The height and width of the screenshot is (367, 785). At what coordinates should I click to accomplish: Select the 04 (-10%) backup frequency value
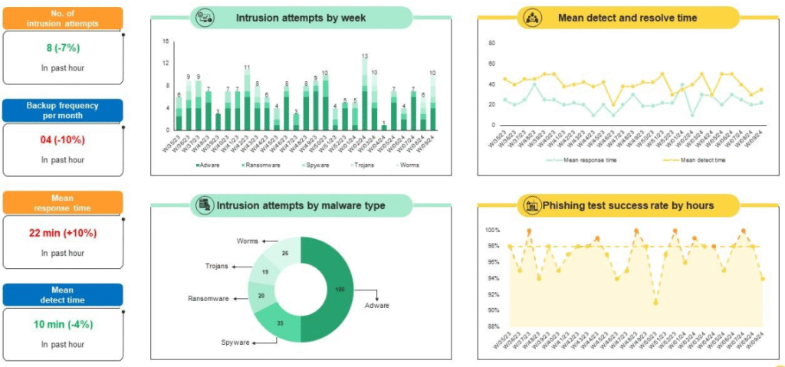(63, 140)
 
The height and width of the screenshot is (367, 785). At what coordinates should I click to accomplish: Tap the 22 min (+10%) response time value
(63, 233)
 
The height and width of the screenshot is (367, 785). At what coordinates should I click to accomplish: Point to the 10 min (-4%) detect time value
(63, 325)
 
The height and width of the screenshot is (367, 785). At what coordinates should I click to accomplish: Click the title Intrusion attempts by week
(301, 18)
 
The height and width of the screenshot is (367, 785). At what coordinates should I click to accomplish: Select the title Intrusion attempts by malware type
(301, 205)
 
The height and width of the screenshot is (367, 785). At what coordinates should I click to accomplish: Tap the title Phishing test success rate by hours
(628, 205)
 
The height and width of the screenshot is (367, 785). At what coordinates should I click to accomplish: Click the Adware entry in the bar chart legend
(214, 165)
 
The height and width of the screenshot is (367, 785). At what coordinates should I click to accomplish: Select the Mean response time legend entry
(585, 160)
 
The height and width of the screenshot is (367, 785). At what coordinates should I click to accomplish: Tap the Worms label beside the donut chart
(247, 241)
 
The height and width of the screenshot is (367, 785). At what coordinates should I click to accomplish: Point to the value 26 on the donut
(285, 254)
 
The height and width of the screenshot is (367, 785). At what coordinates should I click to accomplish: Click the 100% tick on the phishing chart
(492, 230)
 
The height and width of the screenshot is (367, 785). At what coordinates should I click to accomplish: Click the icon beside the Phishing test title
(530, 205)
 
